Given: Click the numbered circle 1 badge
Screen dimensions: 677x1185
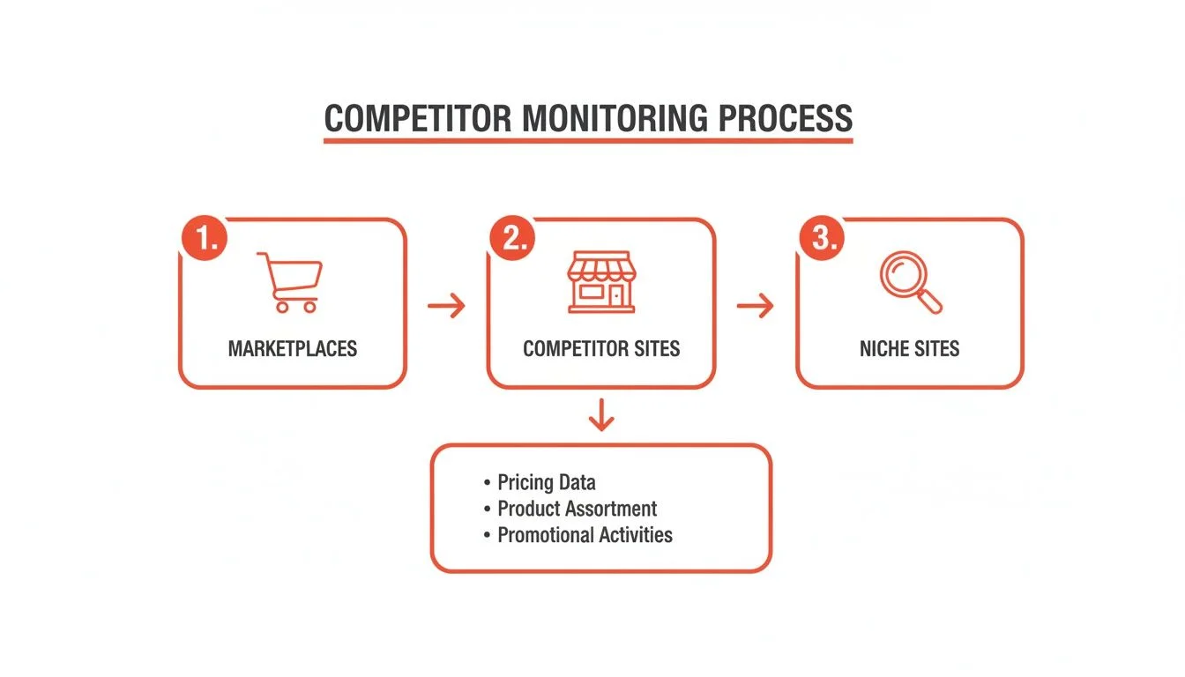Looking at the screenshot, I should pyautogui.click(x=205, y=240).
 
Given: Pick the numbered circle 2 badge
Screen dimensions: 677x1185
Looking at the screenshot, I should pyautogui.click(x=513, y=240).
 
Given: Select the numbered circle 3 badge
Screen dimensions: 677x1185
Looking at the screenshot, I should pyautogui.click(x=823, y=240).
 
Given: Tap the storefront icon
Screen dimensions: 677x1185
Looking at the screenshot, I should pyautogui.click(x=600, y=281).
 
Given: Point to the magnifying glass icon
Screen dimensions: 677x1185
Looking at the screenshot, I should pyautogui.click(x=910, y=282).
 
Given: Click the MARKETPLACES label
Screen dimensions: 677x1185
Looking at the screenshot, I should pyautogui.click(x=293, y=348).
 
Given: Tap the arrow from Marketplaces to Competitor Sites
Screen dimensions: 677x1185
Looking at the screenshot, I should pyautogui.click(x=446, y=306).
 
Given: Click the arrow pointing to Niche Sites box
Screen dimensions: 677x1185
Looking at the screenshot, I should pyautogui.click(x=755, y=306).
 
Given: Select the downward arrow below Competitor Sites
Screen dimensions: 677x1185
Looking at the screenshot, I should pyautogui.click(x=600, y=414).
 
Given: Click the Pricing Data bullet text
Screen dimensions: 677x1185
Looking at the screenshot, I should pyautogui.click(x=546, y=482).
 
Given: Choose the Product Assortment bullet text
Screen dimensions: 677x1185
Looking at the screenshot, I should pyautogui.click(x=577, y=509).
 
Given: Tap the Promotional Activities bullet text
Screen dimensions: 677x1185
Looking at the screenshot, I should pyautogui.click(x=585, y=535).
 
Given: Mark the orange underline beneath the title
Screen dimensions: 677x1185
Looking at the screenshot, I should pyautogui.click(x=588, y=140).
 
